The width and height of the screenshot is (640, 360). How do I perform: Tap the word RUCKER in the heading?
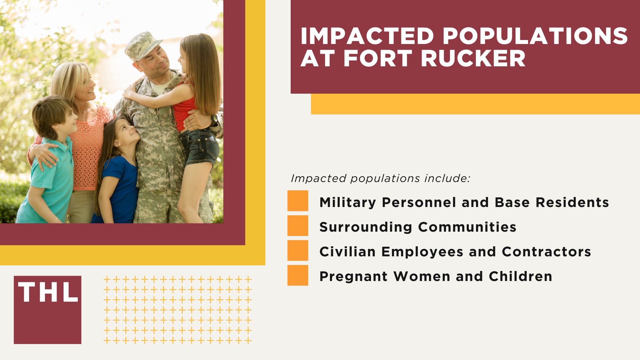pos(473,59)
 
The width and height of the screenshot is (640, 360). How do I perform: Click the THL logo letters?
pos(48,293)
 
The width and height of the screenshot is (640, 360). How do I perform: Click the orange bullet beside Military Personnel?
pos(298,201)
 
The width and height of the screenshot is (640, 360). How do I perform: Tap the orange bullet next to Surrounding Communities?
pos(298,226)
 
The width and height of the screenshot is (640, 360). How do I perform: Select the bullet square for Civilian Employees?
pos(298,250)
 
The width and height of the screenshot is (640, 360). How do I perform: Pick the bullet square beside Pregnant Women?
pos(298,275)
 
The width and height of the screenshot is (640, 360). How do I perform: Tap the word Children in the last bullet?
pos(520,276)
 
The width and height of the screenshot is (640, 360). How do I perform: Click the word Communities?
pos(467,227)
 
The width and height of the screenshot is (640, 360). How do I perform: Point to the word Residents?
pos(572,202)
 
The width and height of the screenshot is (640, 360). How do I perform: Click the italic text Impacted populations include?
pos(380,178)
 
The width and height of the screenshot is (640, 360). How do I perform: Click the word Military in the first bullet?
pos(348,202)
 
